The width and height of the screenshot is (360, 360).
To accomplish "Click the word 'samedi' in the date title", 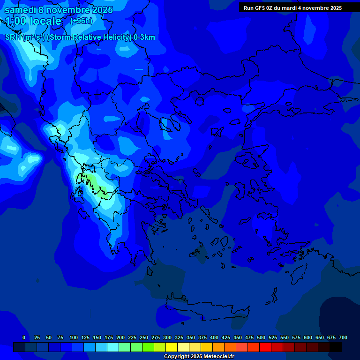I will pyautogui.click(x=20, y=10).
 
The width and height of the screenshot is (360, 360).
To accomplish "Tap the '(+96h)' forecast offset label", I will pyautogui.click(x=81, y=21).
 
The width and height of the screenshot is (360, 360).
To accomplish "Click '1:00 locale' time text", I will pyautogui.click(x=33, y=21).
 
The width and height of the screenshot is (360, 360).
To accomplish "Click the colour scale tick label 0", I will pyautogui.click(x=24, y=337).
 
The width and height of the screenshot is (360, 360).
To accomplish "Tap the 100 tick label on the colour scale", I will pyautogui.click(x=73, y=337).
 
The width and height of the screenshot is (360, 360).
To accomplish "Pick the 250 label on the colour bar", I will pyautogui.click(x=143, y=337).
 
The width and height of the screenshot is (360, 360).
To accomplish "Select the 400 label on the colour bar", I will pyautogui.click(x=214, y=337).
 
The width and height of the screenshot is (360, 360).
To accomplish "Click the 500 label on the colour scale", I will pyautogui.click(x=261, y=337).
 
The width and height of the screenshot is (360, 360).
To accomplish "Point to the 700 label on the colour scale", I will pyautogui.click(x=343, y=337).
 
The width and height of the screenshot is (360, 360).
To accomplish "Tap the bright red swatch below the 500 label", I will pyautogui.click(x=265, y=347).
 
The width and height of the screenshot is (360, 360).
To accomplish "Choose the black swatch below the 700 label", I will pyautogui.click(x=336, y=347).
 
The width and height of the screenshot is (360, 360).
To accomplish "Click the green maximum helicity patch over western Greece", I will pyautogui.click(x=89, y=180).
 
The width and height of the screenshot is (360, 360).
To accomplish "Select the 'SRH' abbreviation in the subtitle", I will pyautogui.click(x=13, y=37).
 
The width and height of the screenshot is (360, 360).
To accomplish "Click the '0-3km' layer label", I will pyautogui.click(x=144, y=37).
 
